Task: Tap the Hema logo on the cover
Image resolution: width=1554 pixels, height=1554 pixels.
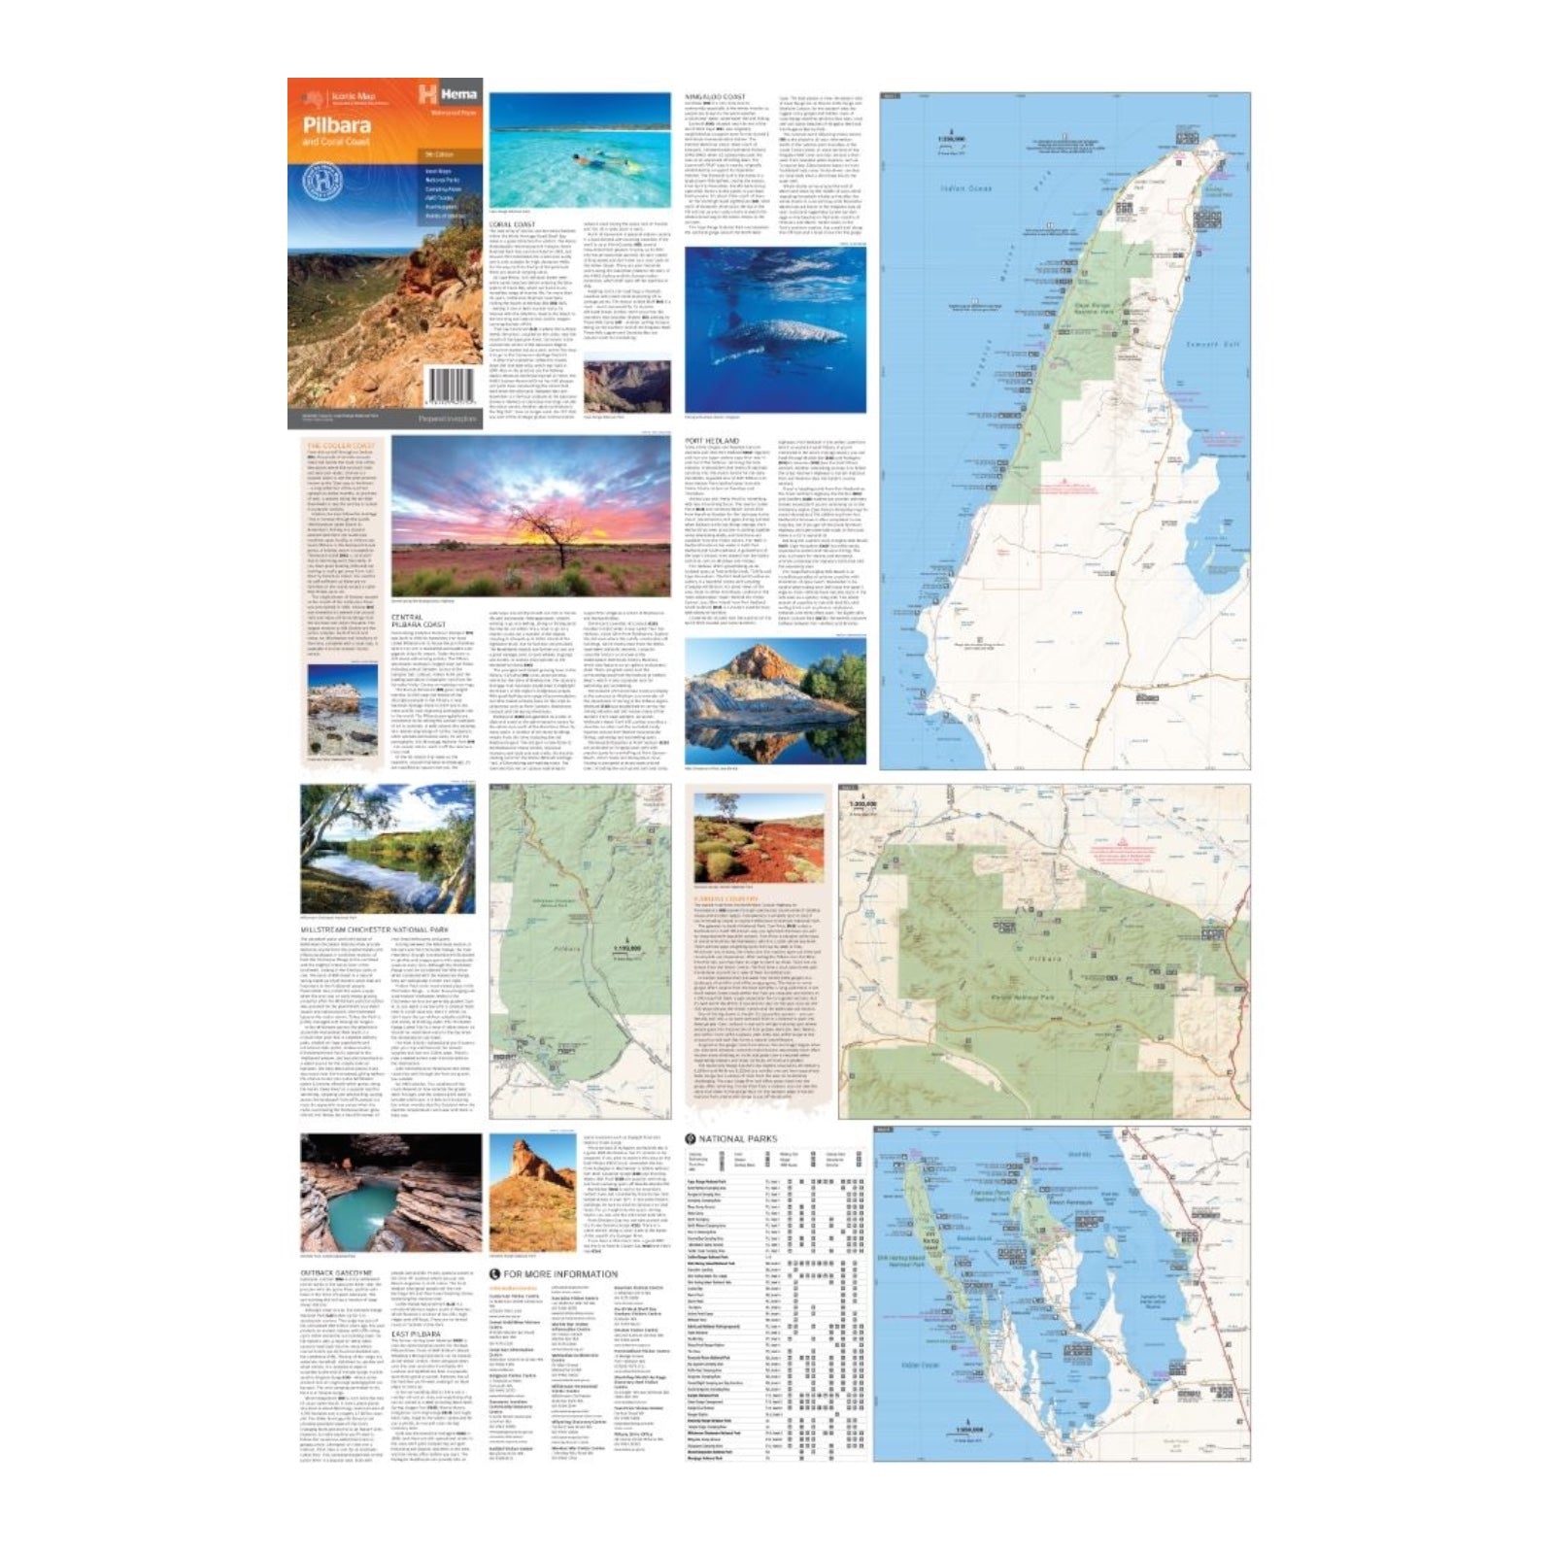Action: tap(447, 94)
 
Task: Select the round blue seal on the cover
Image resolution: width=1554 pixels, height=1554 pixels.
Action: tap(318, 182)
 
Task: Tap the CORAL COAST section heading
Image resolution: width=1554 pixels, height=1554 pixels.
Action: tap(511, 224)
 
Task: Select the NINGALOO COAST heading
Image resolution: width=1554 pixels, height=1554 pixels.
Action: tap(715, 97)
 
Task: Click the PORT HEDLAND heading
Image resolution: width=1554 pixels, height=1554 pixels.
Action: tap(713, 441)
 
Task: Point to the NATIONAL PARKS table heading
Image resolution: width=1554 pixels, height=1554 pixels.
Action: tap(737, 1138)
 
